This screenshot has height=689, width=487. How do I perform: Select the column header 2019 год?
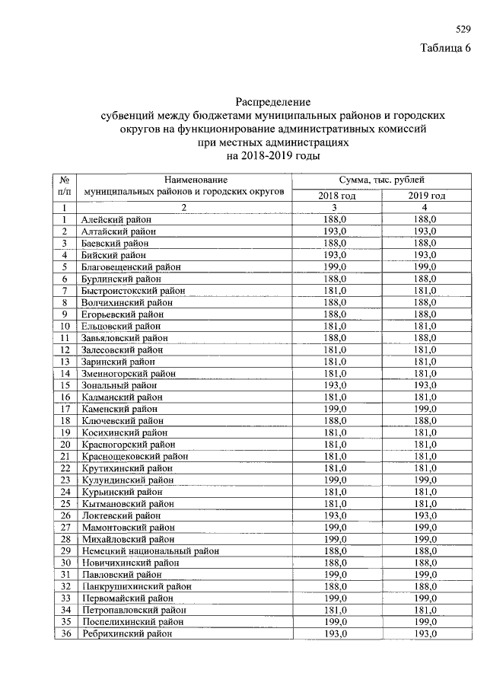click(426, 196)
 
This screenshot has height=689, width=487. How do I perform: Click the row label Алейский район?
click(116, 219)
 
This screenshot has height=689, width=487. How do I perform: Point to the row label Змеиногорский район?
click(129, 373)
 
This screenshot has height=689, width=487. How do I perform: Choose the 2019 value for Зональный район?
click(426, 385)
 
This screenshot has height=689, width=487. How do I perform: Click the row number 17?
click(65, 409)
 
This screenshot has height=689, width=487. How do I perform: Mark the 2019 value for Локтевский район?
click(426, 515)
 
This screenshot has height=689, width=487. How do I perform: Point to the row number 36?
click(65, 633)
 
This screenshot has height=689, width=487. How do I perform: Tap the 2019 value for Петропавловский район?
click(426, 610)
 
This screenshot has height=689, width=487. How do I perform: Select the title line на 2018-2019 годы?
click(273, 155)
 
